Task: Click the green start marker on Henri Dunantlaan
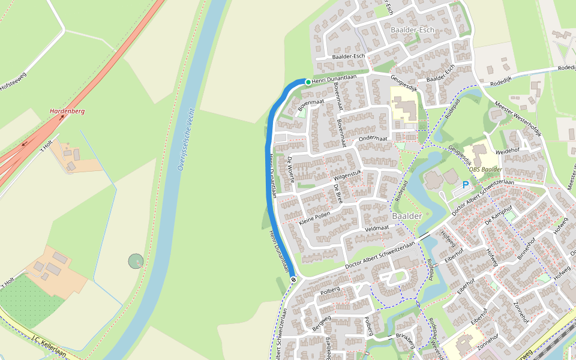point(308,82)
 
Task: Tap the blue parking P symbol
point(466,185)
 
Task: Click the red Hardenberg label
point(67,112)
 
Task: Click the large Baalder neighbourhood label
point(407,215)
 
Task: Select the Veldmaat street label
point(377,229)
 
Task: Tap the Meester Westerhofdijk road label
point(518,119)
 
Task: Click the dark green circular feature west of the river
point(136,261)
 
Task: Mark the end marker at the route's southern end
point(293,279)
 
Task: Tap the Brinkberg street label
point(405,340)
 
